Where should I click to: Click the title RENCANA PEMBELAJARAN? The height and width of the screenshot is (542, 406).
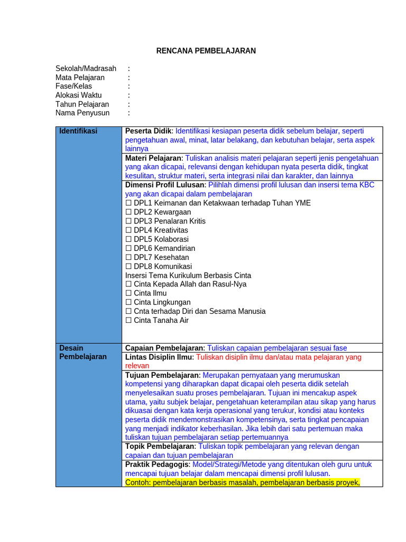(x=206, y=51)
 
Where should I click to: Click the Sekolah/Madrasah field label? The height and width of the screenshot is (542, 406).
(x=86, y=68)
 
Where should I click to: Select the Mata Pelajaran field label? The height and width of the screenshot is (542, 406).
(x=80, y=77)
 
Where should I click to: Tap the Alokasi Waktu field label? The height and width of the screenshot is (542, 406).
(x=79, y=95)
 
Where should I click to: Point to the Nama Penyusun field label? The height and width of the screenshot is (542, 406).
(x=82, y=113)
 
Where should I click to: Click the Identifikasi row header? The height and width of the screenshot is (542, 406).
(x=78, y=131)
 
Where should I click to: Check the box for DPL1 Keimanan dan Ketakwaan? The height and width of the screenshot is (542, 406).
(x=128, y=203)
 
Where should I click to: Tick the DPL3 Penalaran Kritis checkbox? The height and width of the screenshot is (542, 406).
(x=128, y=221)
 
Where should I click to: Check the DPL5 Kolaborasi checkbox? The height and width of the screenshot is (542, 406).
(x=128, y=239)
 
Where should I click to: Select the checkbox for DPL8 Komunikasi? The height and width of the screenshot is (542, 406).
(x=128, y=266)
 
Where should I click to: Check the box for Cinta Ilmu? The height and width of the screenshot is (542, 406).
(x=128, y=293)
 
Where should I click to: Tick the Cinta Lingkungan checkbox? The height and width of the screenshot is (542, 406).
(x=128, y=302)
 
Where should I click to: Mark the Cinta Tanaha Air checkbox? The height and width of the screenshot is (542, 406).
(x=128, y=320)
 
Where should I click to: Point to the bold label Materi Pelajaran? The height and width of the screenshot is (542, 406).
(x=153, y=158)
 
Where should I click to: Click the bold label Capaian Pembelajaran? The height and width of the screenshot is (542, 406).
(x=164, y=348)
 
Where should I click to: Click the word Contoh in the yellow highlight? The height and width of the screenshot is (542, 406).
(x=137, y=482)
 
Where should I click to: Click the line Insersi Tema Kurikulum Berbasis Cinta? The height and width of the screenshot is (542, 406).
(x=188, y=275)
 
